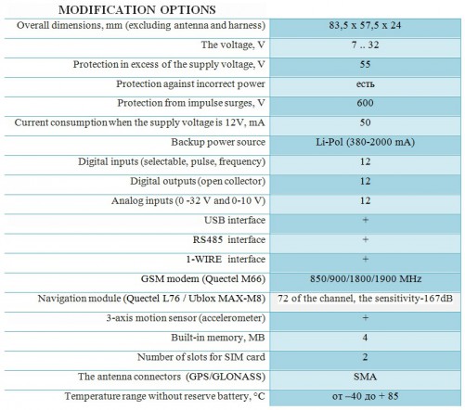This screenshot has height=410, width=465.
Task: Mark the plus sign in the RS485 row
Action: tap(365, 240)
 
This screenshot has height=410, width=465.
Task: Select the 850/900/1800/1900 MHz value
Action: tap(365, 279)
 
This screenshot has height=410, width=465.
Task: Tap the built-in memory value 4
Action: tap(365, 338)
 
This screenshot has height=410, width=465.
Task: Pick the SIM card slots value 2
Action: tap(365, 357)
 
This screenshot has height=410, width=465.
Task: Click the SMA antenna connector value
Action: tap(365, 377)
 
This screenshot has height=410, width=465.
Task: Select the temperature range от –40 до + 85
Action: tap(365, 397)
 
